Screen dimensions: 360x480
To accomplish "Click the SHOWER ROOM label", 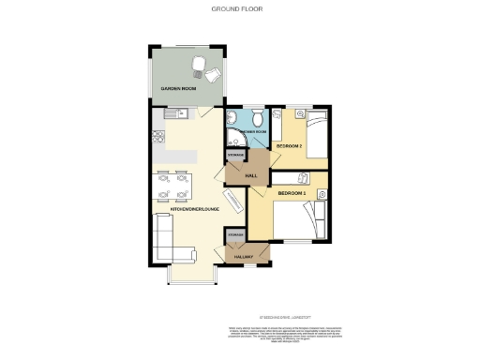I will click(x=254, y=132).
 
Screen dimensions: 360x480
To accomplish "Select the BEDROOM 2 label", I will click(x=289, y=146).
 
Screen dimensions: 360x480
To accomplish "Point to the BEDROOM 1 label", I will click(x=292, y=193).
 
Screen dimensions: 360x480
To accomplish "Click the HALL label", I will click(x=250, y=175).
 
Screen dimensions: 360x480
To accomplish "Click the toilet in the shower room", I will click(x=257, y=119).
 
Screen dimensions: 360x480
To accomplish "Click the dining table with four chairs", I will click(x=173, y=186).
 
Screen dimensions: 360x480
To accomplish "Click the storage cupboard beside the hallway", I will click(x=235, y=233).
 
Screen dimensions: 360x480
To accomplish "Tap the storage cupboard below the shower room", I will click(x=234, y=156).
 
